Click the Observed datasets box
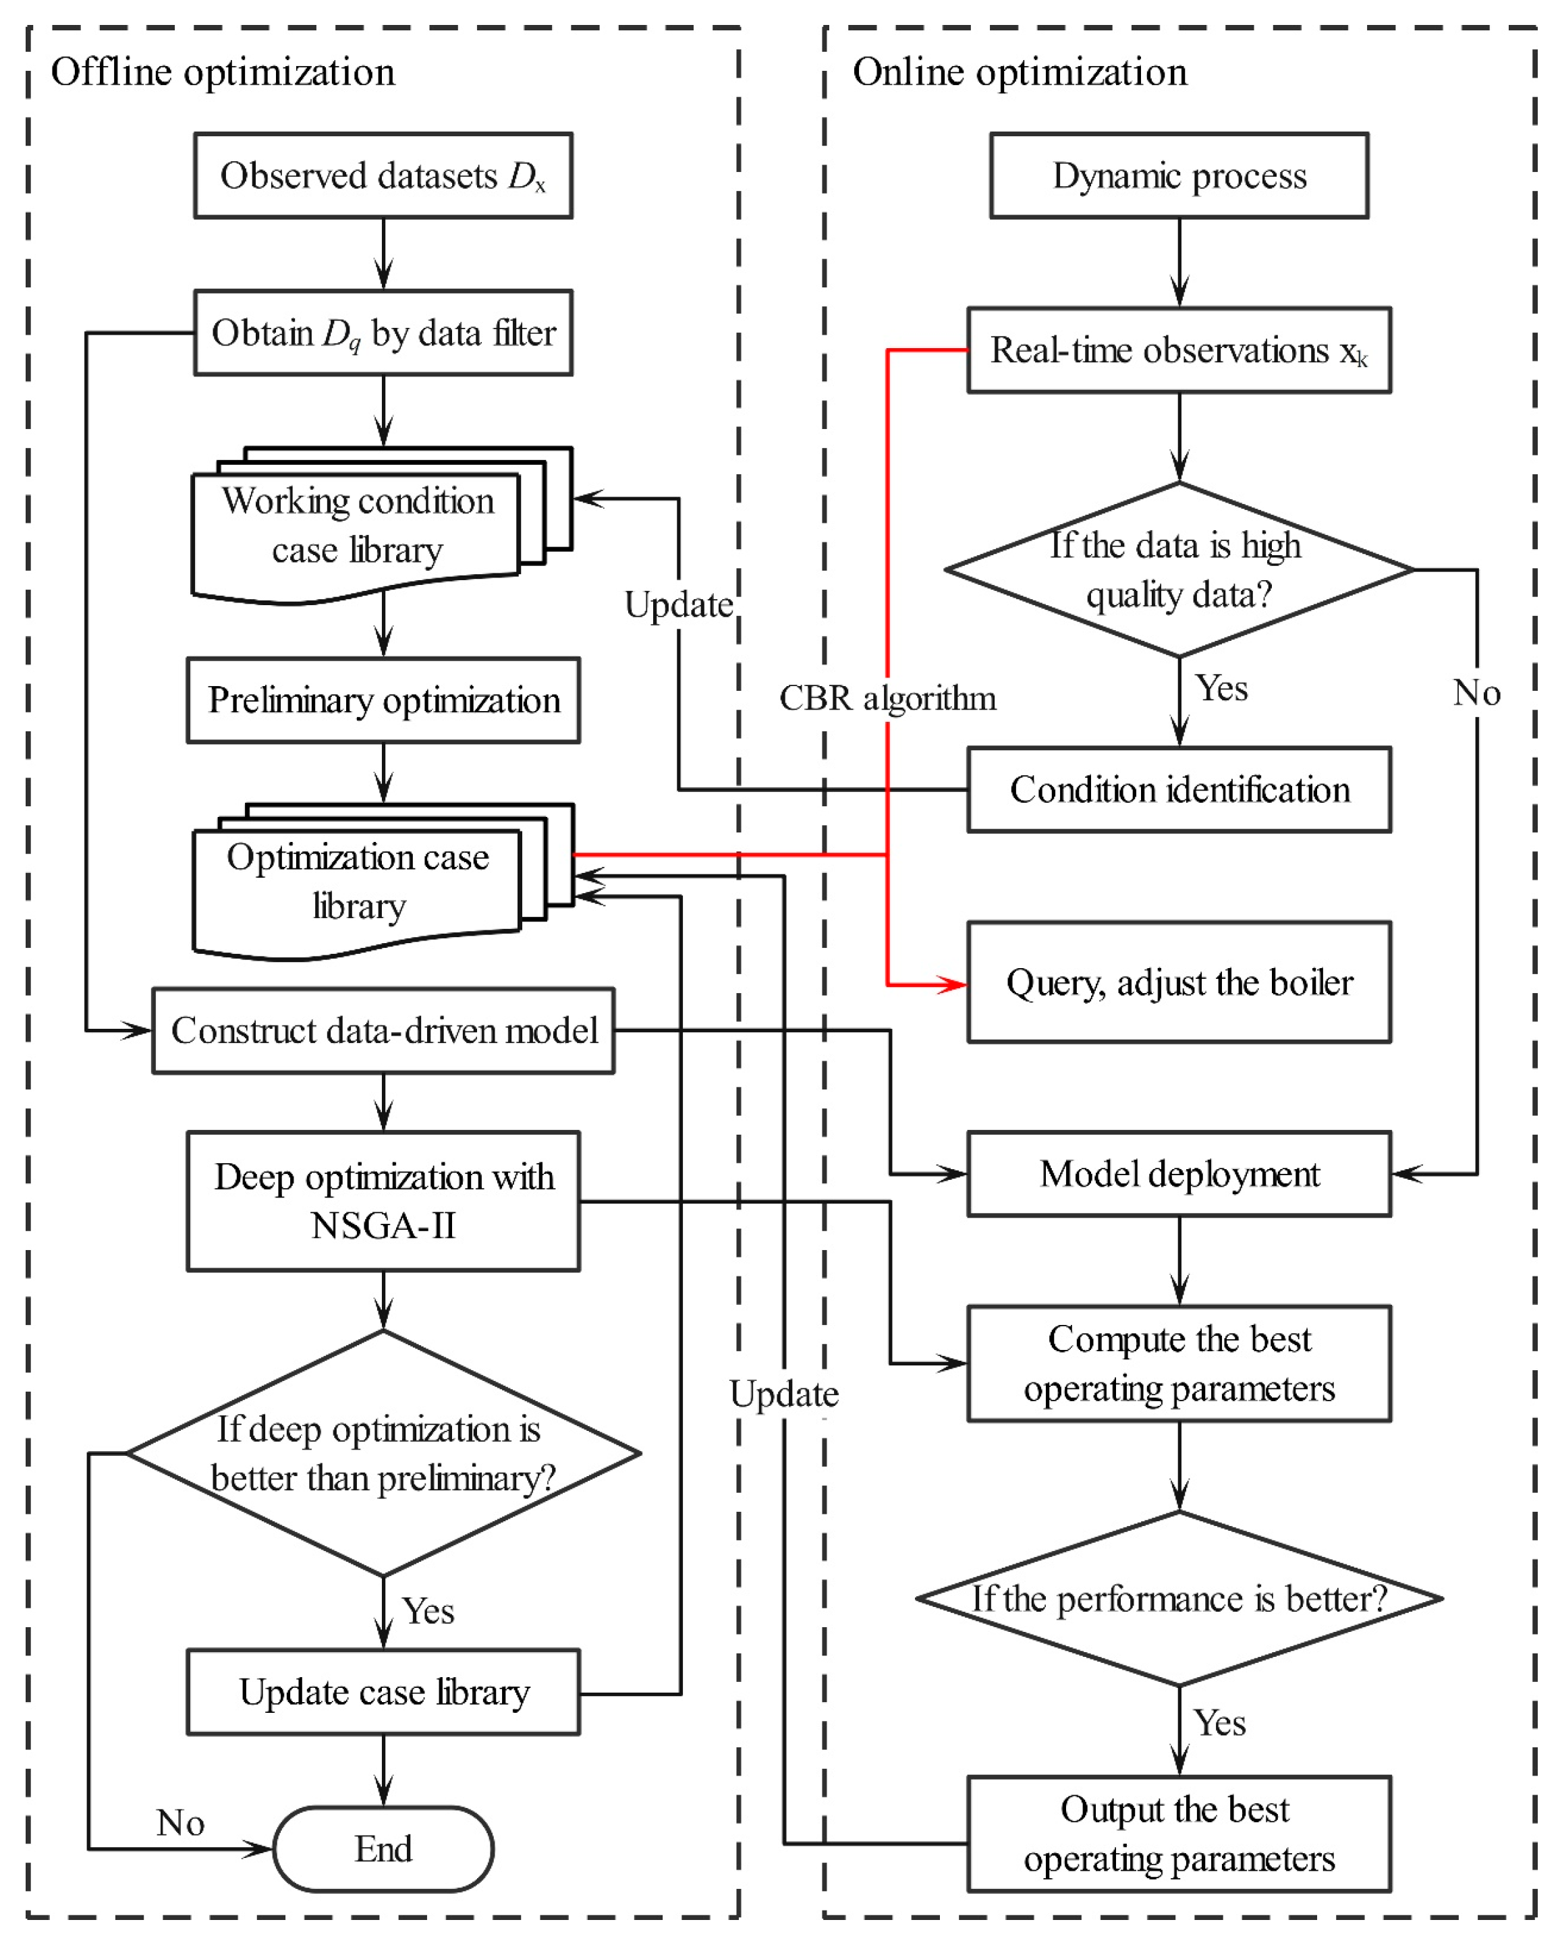click(x=383, y=175)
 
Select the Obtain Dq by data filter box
click(x=383, y=333)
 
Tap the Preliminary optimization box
click(x=383, y=700)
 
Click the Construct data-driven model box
click(x=383, y=1031)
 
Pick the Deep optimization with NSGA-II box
click(x=383, y=1202)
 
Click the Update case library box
click(x=383, y=1692)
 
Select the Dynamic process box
click(x=1178, y=175)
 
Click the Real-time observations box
click(x=1178, y=350)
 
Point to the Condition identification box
click(x=1178, y=789)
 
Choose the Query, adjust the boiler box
click(x=1178, y=983)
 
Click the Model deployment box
click(x=1178, y=1173)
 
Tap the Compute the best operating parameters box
click(x=1178, y=1363)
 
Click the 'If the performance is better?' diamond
click(x=1178, y=1598)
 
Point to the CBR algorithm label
click(x=887, y=698)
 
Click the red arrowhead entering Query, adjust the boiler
click(x=954, y=984)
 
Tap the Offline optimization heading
click(x=223, y=72)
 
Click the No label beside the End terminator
click(x=180, y=1822)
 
